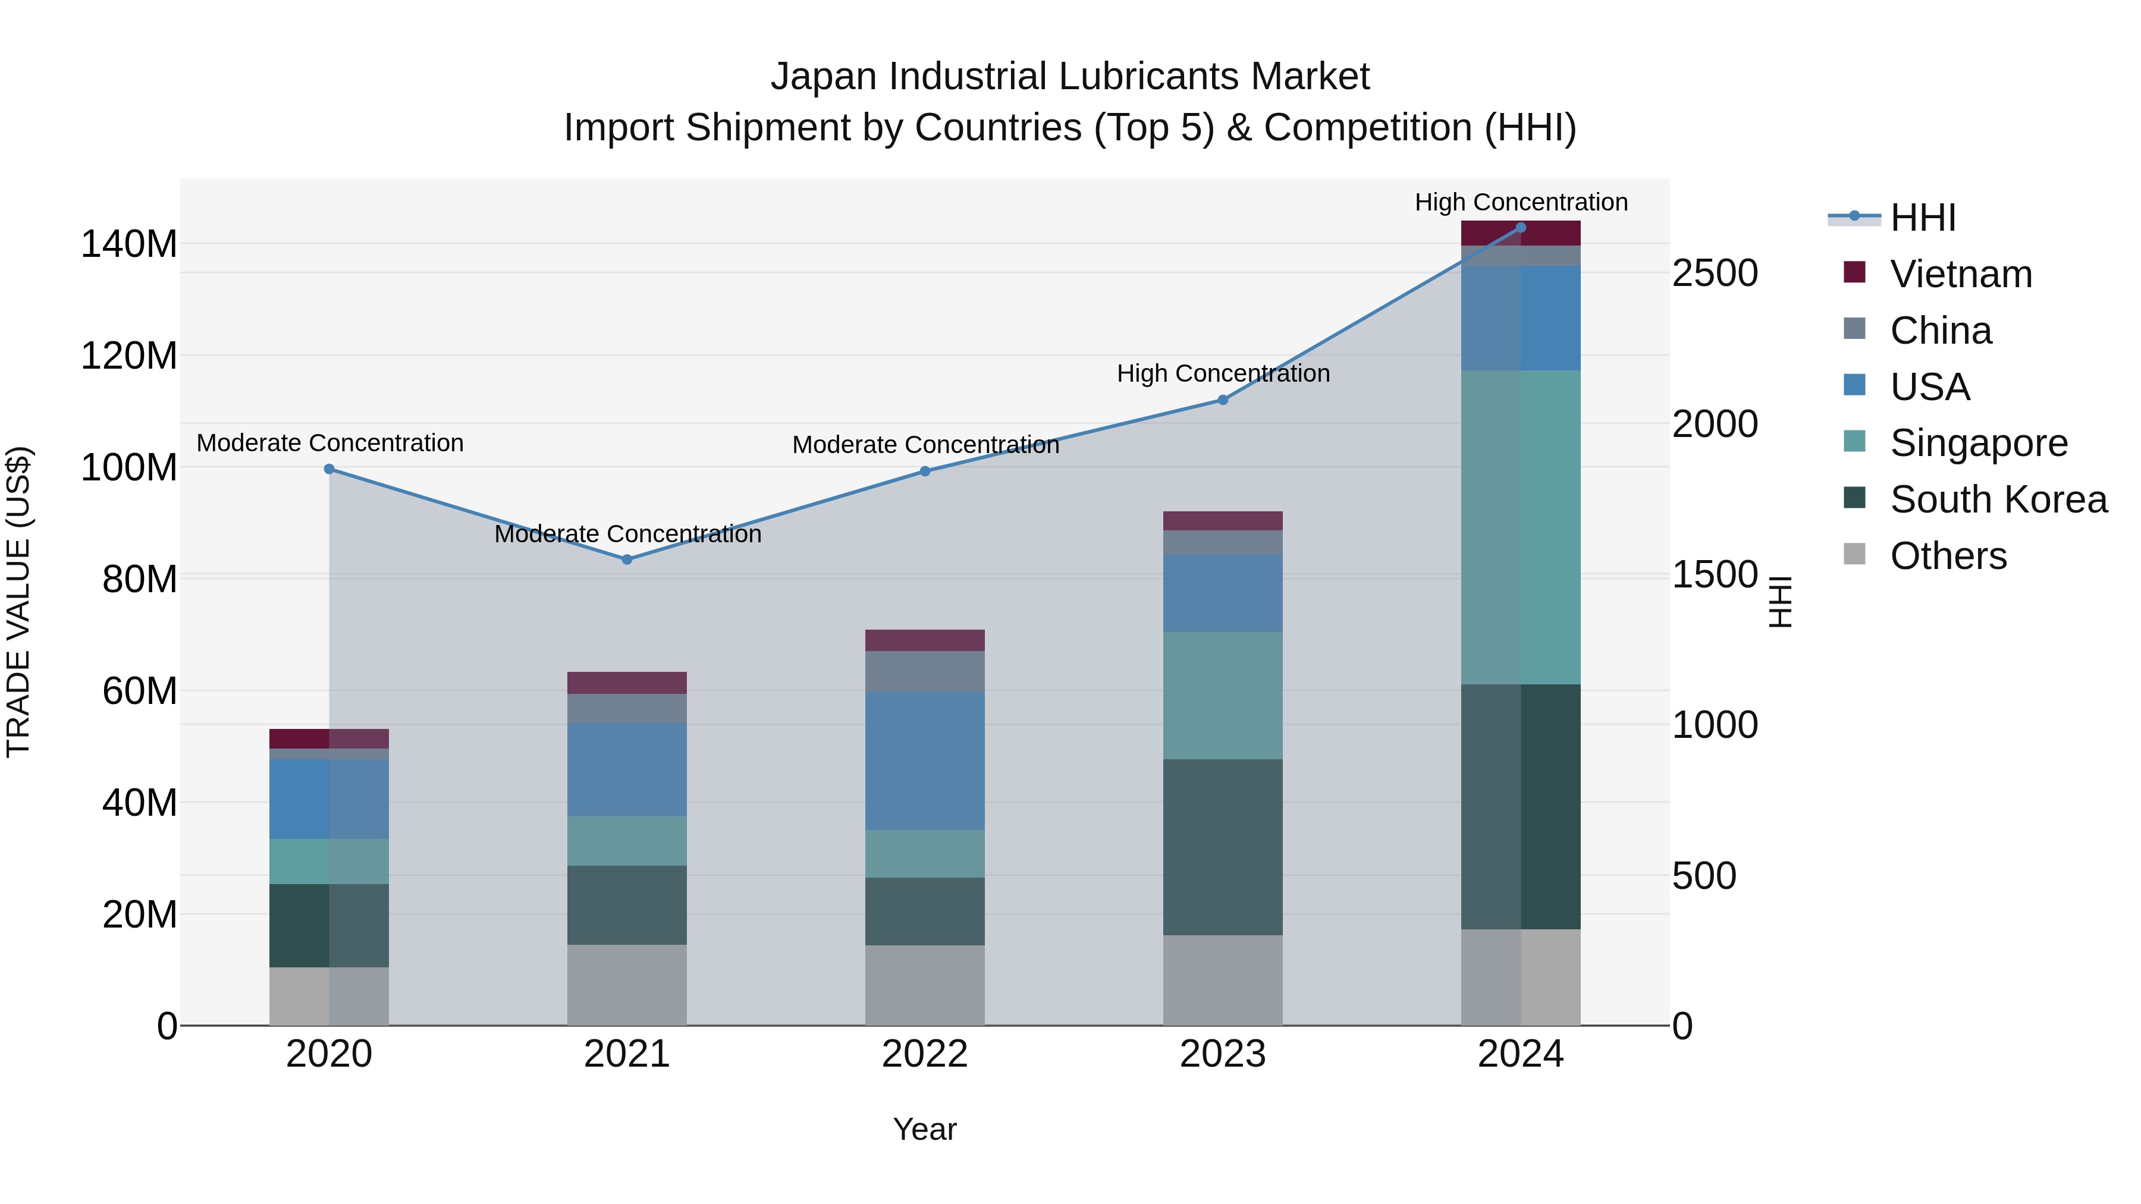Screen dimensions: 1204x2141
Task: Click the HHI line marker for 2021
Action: coord(627,559)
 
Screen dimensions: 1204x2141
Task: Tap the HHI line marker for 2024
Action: coord(1520,228)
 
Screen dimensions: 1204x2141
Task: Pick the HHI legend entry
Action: coord(1922,218)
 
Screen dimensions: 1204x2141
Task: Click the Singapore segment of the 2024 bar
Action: coord(1520,527)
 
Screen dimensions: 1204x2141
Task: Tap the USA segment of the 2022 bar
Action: coord(924,760)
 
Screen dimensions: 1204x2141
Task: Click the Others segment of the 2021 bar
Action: coord(627,984)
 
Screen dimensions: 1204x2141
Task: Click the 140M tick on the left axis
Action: coord(129,244)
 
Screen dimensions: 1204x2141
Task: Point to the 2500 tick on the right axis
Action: coord(1715,274)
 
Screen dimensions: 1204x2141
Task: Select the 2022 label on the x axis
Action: coord(924,1054)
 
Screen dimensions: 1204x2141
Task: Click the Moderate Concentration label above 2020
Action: coord(330,443)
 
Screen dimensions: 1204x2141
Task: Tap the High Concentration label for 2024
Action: coord(1520,202)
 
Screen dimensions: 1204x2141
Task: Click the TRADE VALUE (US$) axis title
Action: coord(18,602)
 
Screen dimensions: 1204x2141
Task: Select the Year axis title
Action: coord(924,1129)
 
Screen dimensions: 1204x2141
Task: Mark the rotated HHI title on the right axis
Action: coord(1779,602)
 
